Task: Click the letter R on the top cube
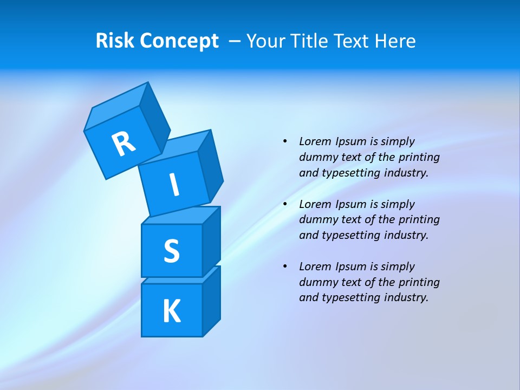point(124,144)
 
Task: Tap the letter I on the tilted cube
point(174,185)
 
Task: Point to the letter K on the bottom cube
point(171,311)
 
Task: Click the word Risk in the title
point(115,41)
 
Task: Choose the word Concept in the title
point(179,41)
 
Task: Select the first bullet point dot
point(285,141)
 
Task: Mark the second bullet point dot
point(285,204)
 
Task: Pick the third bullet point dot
point(285,266)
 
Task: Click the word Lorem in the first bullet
point(315,141)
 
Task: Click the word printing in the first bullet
point(419,157)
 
